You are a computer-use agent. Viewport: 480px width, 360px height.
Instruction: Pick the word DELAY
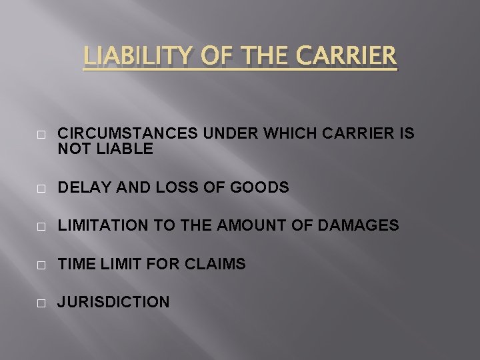[x=81, y=189]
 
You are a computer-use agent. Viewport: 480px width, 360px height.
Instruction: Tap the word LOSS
[x=177, y=189]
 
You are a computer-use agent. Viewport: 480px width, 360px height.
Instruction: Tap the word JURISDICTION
[x=113, y=303]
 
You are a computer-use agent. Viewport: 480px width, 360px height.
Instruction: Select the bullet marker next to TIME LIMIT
[x=42, y=265]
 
